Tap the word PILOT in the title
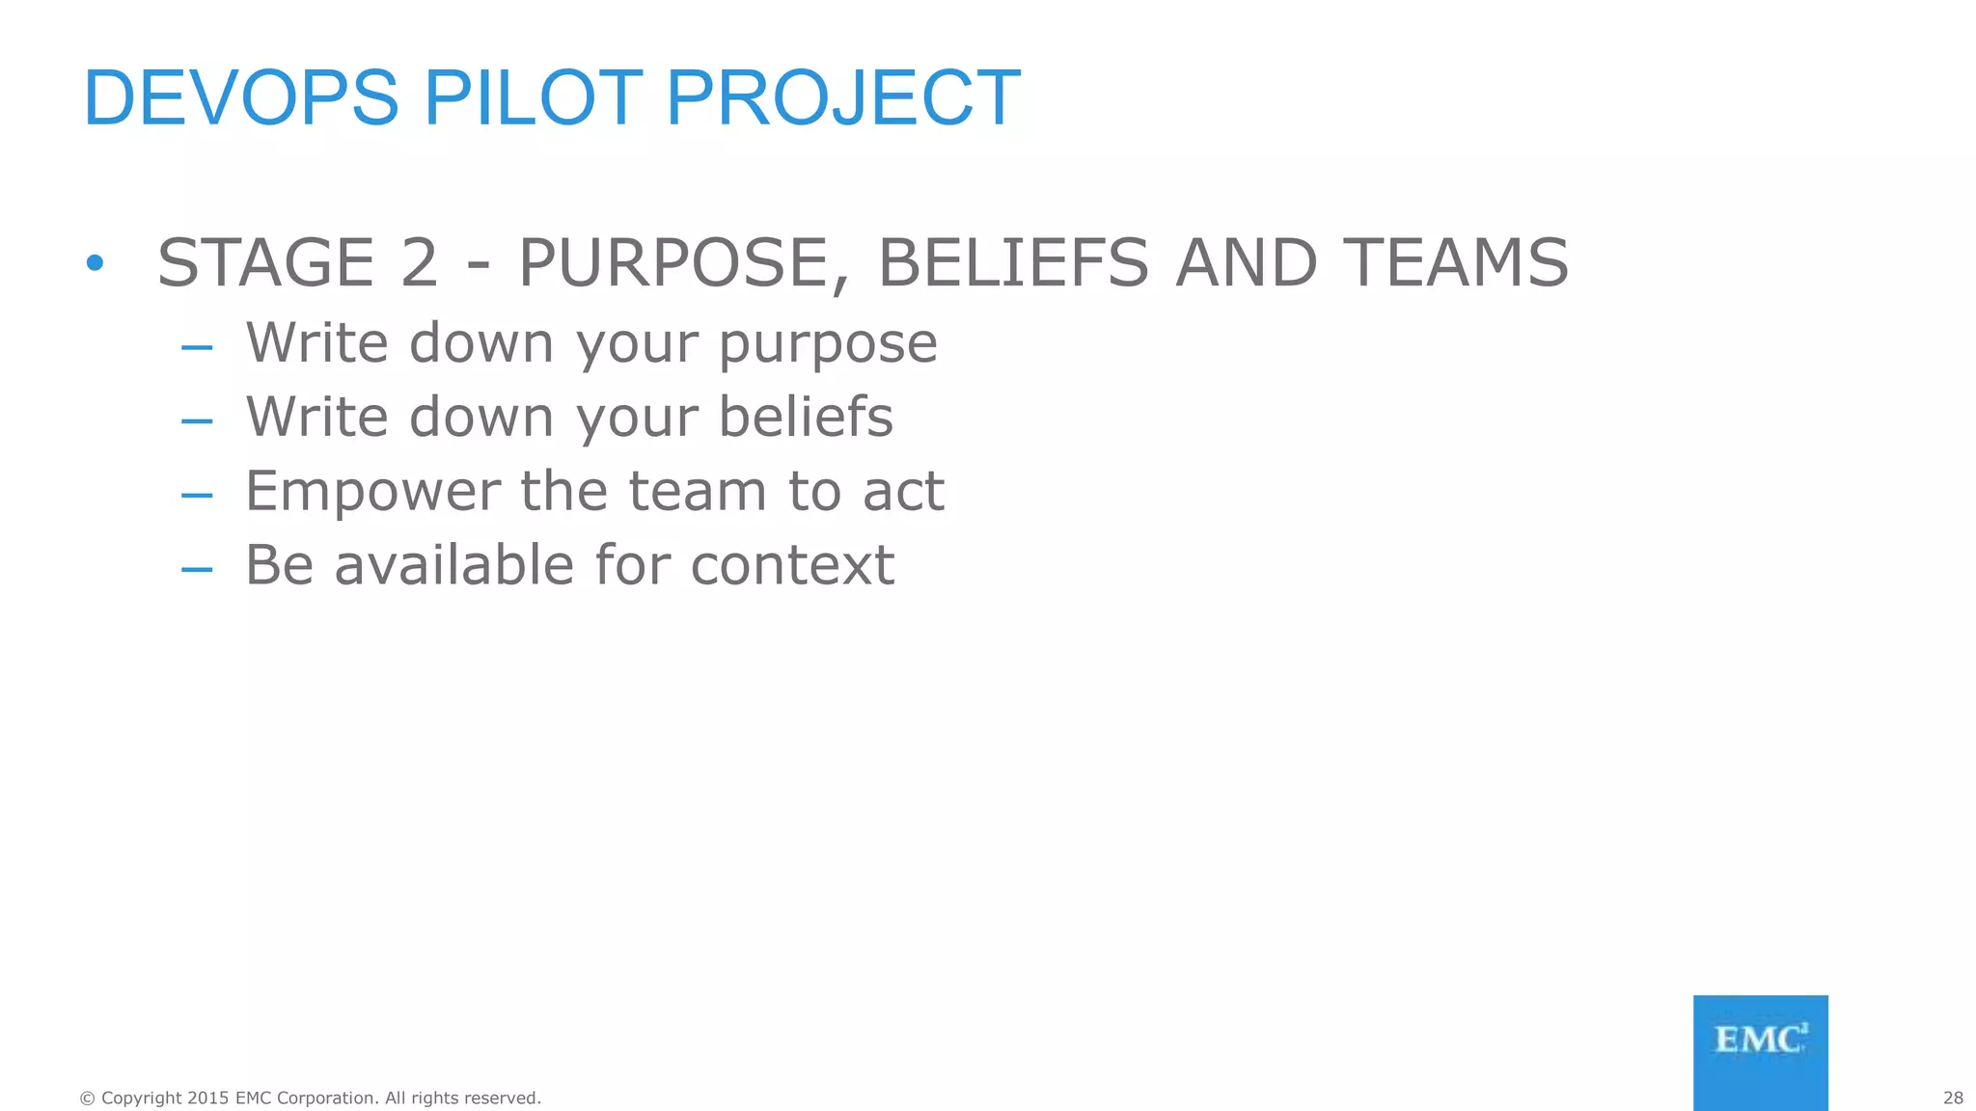[533, 97]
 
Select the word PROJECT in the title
[842, 97]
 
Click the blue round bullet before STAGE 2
[94, 262]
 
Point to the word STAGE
[265, 262]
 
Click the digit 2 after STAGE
[419, 262]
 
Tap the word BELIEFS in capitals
[1013, 262]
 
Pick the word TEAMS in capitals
[1456, 262]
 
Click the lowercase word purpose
[828, 344]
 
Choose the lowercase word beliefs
[806, 417]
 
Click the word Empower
[372, 491]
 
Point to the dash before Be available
[197, 569]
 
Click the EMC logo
[1760, 1052]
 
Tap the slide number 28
[1953, 1097]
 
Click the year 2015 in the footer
[208, 1097]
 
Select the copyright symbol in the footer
[88, 1097]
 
